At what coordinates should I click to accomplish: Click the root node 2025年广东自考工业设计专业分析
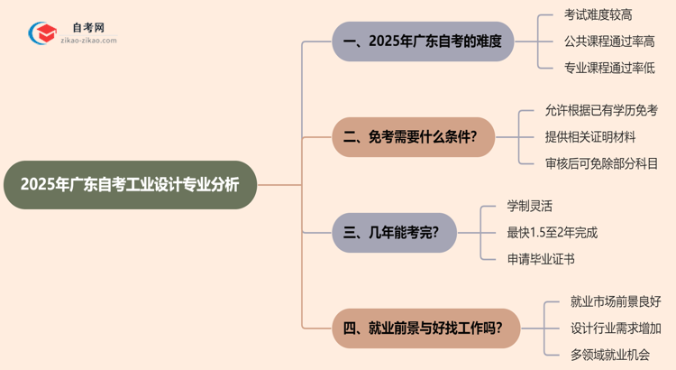click(x=131, y=185)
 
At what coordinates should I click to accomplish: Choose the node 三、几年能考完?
click(x=394, y=233)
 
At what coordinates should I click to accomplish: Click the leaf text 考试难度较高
click(x=598, y=15)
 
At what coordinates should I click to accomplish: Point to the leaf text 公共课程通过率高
click(x=609, y=42)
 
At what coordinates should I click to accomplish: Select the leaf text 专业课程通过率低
click(x=609, y=68)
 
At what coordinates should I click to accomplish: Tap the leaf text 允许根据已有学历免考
click(x=601, y=111)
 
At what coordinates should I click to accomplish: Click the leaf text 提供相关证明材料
click(x=590, y=137)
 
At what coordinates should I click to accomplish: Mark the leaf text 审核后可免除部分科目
click(x=601, y=163)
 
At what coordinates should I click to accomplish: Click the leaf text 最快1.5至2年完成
click(x=552, y=233)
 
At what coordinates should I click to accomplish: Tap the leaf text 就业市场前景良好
click(x=616, y=302)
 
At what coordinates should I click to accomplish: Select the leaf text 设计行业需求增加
click(x=616, y=328)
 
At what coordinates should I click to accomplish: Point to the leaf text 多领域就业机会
click(x=610, y=355)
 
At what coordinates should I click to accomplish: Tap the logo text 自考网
click(x=87, y=28)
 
